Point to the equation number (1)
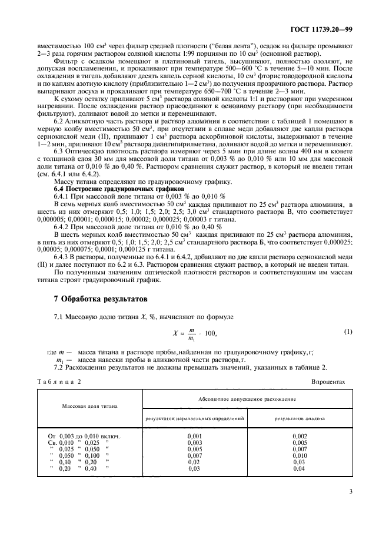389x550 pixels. click(x=347, y=334)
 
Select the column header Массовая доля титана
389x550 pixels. click(x=90, y=406)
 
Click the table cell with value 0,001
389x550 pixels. click(x=194, y=435)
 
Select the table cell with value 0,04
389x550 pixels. click(x=299, y=468)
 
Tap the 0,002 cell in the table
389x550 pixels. click(x=299, y=435)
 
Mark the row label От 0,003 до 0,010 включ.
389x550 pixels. click(x=84, y=435)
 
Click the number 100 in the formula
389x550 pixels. click(x=208, y=334)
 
